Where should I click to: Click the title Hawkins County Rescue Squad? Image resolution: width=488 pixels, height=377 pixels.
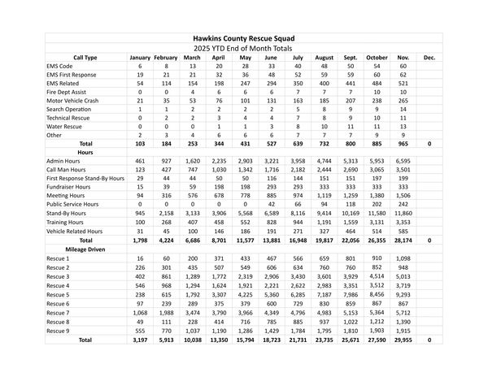point(244,38)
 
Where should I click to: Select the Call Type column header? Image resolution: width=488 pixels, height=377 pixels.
point(85,58)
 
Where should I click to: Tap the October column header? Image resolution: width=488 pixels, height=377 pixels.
point(377,58)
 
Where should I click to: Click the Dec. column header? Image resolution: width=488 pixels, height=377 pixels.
point(429,58)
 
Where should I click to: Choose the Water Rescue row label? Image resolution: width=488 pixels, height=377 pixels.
point(66,126)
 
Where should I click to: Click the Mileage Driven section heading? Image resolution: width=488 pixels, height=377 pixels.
point(85,249)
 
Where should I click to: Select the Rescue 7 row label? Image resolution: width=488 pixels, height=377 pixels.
point(59,313)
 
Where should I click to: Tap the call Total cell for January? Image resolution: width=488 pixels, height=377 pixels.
point(140,143)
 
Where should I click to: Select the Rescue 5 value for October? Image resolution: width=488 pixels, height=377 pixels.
point(377,296)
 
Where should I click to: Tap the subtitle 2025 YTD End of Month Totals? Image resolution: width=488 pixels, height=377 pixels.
point(244,49)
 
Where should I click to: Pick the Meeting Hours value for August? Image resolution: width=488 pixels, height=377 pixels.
point(323,195)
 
